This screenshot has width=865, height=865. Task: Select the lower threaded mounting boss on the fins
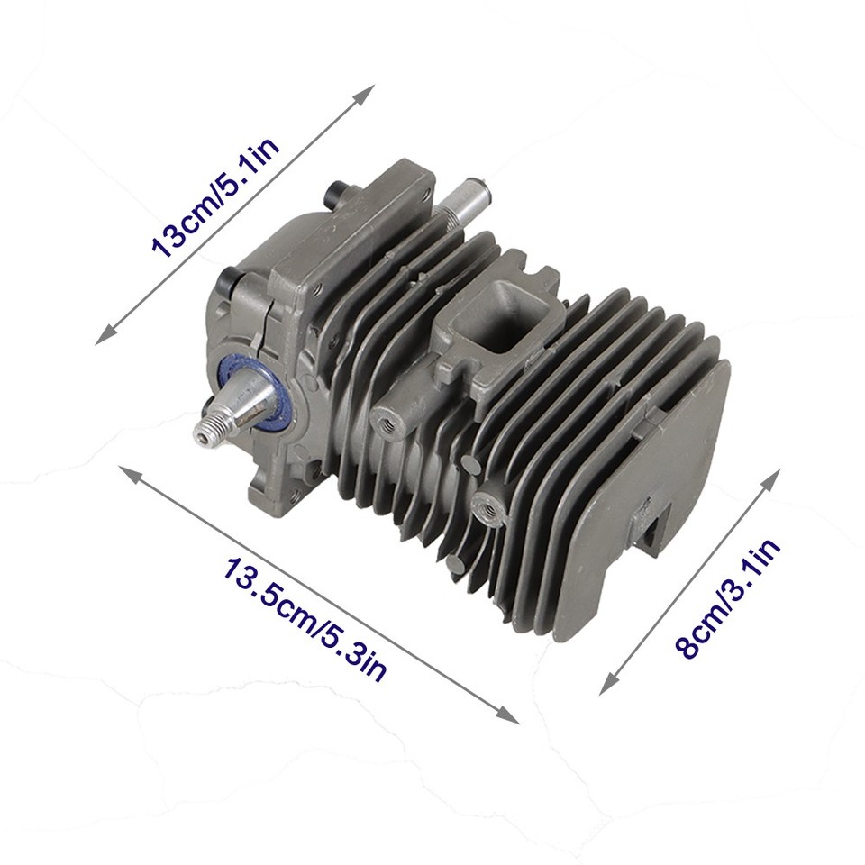click(487, 506)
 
